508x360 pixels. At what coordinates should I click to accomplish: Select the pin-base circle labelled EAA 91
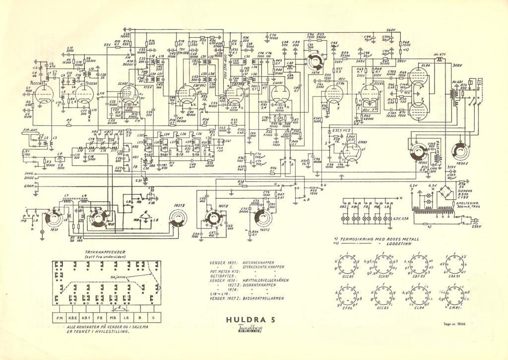pyautogui.click(x=455, y=265)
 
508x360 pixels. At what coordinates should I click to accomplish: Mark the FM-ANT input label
pyautogui.click(x=31, y=130)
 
